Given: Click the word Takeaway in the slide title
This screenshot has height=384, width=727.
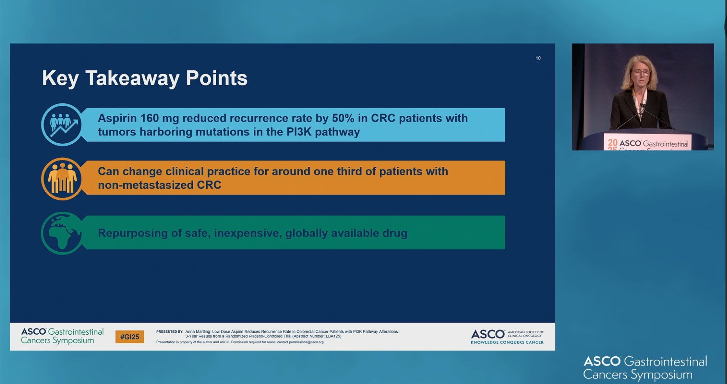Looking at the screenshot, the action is click(133, 78).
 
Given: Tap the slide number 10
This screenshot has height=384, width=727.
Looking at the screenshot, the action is click(538, 58).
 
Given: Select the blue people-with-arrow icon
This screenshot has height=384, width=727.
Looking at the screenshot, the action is click(62, 124).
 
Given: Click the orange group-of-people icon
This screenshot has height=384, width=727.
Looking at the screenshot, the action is click(62, 179).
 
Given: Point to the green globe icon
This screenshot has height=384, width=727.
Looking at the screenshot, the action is click(62, 233).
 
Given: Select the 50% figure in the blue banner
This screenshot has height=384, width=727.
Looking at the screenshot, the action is click(343, 118).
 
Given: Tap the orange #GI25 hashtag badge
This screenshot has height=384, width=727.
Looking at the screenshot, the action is click(129, 337).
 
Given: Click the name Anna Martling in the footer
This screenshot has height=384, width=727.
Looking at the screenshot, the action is click(197, 332).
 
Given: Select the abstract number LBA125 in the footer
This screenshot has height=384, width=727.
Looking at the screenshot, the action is click(333, 336).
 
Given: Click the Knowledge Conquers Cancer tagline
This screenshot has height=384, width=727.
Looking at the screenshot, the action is click(507, 343).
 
